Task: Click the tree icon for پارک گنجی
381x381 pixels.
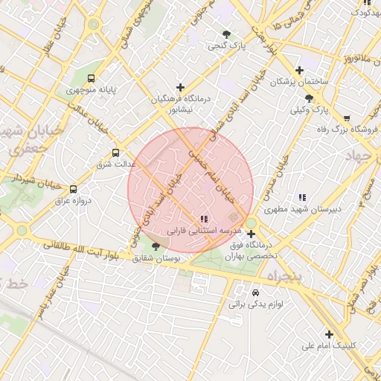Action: click(226, 34)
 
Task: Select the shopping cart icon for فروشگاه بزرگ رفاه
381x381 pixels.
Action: click(347, 118)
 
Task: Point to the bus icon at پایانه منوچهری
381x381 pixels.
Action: click(92, 77)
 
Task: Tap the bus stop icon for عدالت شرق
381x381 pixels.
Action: click(114, 153)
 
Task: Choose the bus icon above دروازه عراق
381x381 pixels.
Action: click(73, 190)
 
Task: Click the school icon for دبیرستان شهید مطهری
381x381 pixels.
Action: click(302, 197)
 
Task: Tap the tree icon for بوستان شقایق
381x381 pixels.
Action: click(156, 246)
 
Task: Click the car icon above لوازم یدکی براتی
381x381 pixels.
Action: click(256, 292)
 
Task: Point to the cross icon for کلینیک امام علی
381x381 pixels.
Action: click(329, 334)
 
